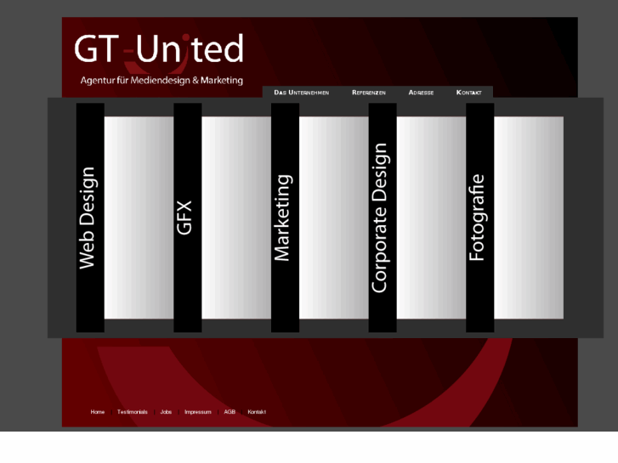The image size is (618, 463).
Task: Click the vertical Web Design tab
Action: click(x=90, y=217)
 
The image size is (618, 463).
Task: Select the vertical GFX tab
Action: click(x=187, y=217)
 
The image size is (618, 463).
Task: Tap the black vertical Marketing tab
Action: click(x=285, y=217)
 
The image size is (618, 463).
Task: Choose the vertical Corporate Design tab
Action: click(x=382, y=217)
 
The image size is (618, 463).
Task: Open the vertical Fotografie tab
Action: click(x=479, y=217)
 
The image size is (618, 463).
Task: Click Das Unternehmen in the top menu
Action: click(x=302, y=92)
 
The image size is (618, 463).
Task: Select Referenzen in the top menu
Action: click(x=369, y=92)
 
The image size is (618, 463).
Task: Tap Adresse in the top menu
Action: click(x=421, y=92)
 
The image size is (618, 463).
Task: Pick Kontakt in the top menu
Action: click(x=469, y=92)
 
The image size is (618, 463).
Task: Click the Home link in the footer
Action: click(x=98, y=412)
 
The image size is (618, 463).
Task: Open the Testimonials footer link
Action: click(x=133, y=412)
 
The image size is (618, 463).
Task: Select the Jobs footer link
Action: click(x=166, y=412)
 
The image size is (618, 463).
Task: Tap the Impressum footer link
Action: click(x=198, y=412)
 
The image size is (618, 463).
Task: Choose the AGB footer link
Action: click(x=230, y=412)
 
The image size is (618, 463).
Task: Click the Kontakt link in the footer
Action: click(x=257, y=412)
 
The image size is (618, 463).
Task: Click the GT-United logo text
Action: click(x=159, y=49)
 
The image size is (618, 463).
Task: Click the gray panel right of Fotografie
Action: click(x=529, y=217)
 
